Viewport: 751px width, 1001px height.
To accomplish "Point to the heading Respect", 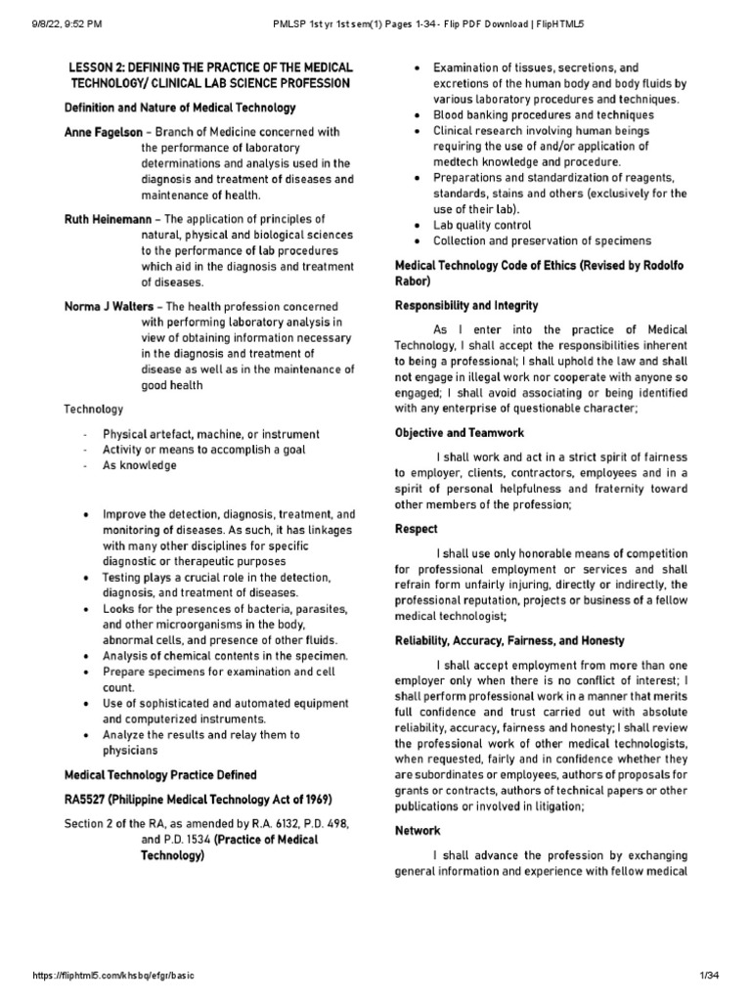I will click(x=416, y=528).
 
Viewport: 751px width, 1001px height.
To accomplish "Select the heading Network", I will click(x=418, y=830).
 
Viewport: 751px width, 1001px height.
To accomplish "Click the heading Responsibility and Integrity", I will click(x=469, y=305).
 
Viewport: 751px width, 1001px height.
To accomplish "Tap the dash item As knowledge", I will click(x=140, y=465).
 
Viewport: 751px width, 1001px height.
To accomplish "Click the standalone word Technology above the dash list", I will click(x=93, y=409).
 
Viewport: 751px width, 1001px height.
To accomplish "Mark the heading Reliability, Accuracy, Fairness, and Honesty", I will click(x=508, y=639).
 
